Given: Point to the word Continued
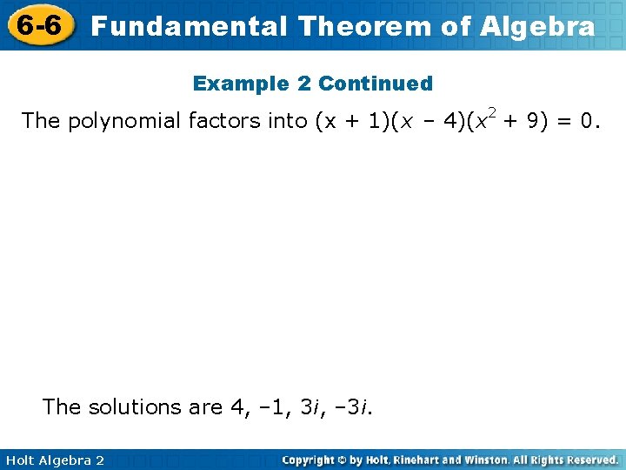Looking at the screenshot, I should (x=376, y=84).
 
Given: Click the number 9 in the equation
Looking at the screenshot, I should (x=529, y=121).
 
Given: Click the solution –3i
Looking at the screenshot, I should (x=357, y=406).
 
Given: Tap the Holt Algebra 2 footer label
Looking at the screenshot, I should (x=54, y=460).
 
